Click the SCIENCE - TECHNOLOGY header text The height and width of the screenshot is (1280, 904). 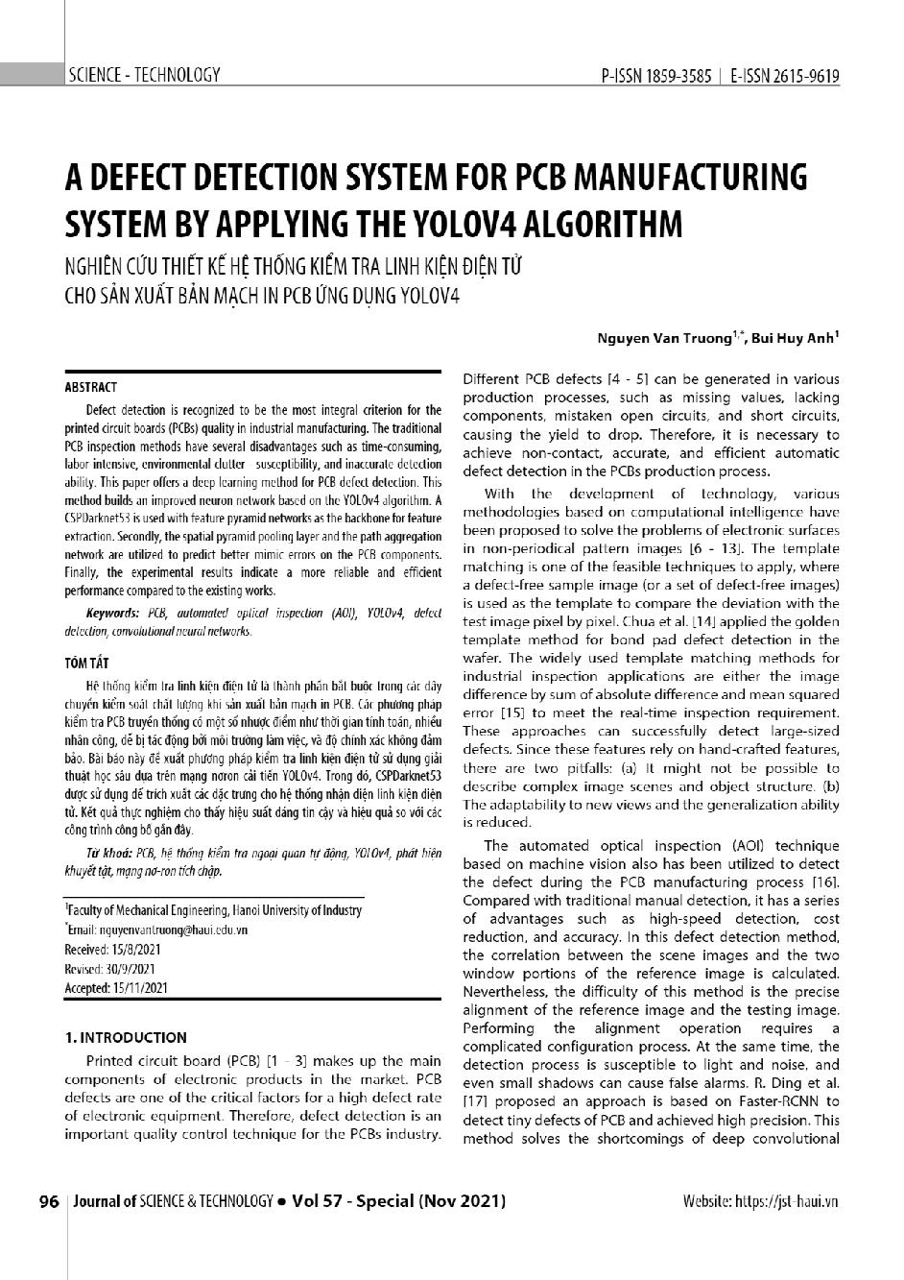tap(144, 75)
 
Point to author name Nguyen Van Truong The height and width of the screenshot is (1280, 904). tap(663, 337)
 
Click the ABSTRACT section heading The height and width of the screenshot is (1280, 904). tap(90, 388)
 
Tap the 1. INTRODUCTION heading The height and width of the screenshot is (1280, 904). tap(125, 1037)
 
